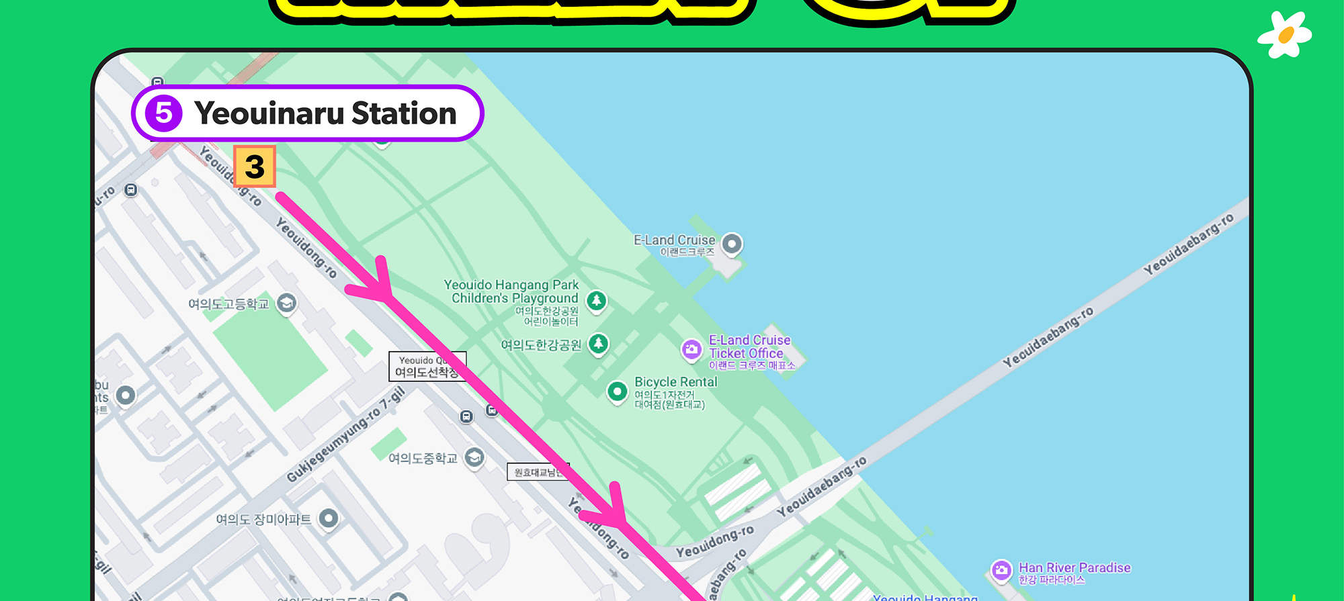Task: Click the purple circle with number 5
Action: click(x=163, y=113)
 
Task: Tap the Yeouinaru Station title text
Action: click(x=325, y=113)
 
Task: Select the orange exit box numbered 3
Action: click(x=255, y=166)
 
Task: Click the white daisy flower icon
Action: click(x=1285, y=35)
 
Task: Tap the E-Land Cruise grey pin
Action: click(x=732, y=243)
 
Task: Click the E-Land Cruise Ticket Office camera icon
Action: click(x=691, y=349)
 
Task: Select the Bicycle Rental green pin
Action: click(x=617, y=391)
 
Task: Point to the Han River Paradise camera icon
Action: click(x=1001, y=570)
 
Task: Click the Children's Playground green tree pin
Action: click(x=596, y=301)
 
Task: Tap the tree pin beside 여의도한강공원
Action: click(x=598, y=344)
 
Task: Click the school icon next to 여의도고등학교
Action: click(x=286, y=303)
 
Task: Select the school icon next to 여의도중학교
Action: click(x=474, y=457)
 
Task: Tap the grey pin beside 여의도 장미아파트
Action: click(x=328, y=518)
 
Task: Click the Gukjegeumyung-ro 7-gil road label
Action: click(x=345, y=435)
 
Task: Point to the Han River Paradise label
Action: click(x=1074, y=568)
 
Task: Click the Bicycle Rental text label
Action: click(x=675, y=382)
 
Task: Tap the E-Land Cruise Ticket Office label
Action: click(x=749, y=346)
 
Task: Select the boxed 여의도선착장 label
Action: click(x=426, y=367)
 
